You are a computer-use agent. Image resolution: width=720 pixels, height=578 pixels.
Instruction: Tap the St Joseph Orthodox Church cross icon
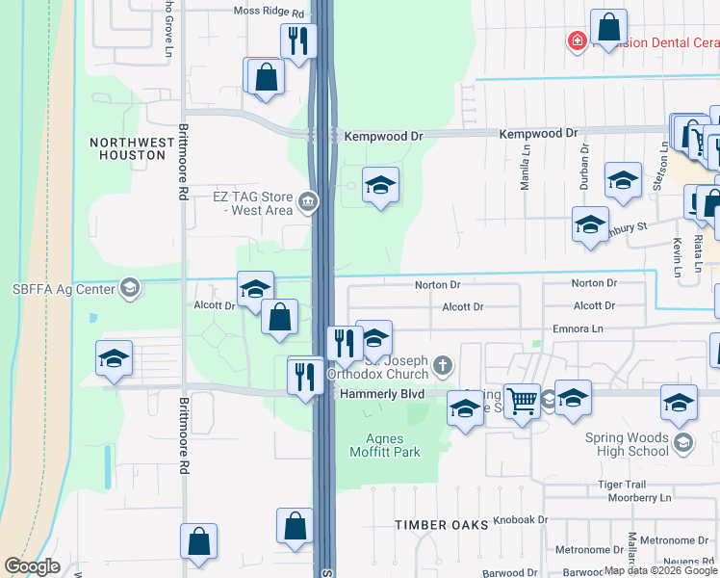(443, 364)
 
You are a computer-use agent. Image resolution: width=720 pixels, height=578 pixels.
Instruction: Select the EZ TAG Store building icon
(308, 200)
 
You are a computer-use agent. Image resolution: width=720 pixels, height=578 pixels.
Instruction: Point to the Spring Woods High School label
(627, 444)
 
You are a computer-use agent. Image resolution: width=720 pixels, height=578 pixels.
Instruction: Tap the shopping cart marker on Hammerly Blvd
(523, 401)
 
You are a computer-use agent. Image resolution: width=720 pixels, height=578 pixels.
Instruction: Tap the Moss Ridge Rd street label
(270, 13)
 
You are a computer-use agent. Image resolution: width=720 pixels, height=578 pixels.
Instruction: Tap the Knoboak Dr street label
(521, 519)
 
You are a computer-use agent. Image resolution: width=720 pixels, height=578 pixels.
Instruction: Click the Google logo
(32, 567)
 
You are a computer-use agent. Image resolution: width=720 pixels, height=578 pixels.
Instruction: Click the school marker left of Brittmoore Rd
(114, 359)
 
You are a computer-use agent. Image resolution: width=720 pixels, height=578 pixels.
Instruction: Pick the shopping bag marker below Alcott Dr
(279, 317)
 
